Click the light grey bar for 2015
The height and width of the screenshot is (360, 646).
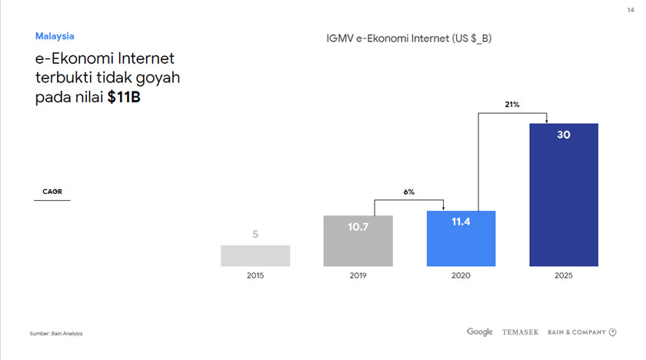255,255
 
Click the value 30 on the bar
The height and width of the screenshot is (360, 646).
564,135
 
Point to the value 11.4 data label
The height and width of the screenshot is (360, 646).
461,222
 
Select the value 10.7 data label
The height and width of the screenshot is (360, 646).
358,227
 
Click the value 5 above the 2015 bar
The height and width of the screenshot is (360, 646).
255,235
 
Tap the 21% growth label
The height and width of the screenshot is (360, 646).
512,104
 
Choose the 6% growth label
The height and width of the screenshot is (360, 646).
409,192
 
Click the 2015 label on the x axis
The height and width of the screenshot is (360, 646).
255,275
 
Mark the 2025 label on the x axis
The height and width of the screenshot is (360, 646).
564,275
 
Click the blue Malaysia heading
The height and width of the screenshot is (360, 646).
55,36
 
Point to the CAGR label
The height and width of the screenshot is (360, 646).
52,192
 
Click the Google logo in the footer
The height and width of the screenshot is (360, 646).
479,332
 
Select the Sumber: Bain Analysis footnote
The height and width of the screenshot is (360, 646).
56,333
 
